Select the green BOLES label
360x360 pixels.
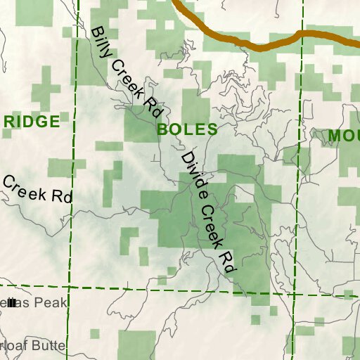click(x=187, y=130)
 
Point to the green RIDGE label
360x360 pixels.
click(x=32, y=122)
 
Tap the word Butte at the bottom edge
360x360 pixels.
click(x=49, y=345)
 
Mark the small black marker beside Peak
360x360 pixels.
click(x=11, y=303)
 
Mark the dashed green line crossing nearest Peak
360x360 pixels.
click(x=68, y=287)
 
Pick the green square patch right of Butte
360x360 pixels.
click(x=136, y=344)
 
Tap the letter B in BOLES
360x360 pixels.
click(x=162, y=130)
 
